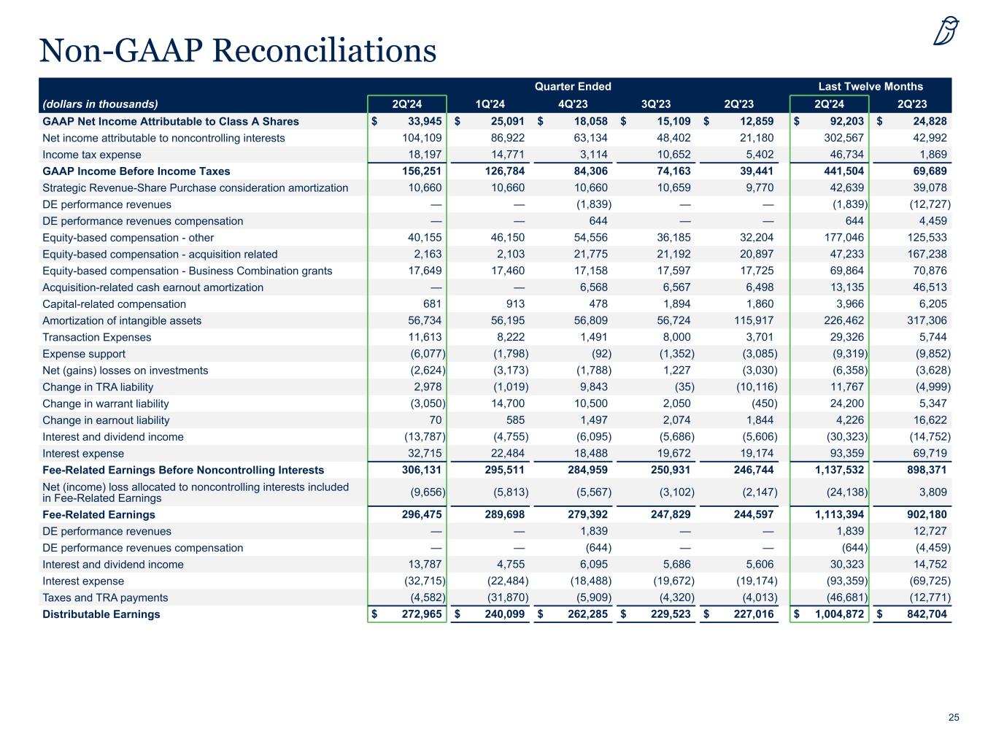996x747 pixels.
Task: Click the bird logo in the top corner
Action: (946, 31)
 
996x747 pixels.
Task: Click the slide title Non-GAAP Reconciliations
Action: (238, 50)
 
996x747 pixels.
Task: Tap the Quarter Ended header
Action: (573, 86)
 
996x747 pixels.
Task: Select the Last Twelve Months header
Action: (870, 86)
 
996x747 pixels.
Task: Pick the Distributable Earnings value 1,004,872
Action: (830, 614)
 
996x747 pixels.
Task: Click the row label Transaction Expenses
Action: (97, 337)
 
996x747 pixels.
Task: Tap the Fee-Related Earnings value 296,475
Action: (417, 514)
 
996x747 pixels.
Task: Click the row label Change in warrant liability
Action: (106, 403)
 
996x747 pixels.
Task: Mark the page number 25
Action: (954, 718)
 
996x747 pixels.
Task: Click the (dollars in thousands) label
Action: (100, 104)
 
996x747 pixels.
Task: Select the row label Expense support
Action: (84, 354)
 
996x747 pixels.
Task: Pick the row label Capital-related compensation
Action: (115, 304)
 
